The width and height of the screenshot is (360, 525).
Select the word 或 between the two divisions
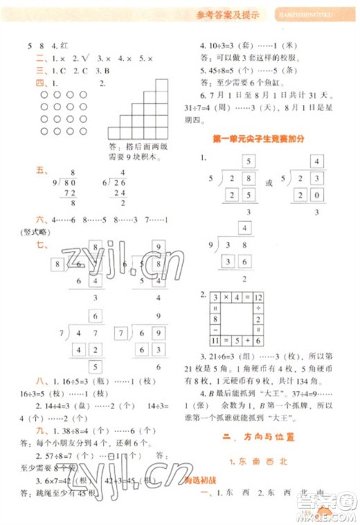pyautogui.click(x=269, y=183)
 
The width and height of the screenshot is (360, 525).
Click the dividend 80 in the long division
pyautogui.click(x=73, y=184)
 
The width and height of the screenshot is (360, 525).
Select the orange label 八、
pyautogui.click(x=41, y=382)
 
